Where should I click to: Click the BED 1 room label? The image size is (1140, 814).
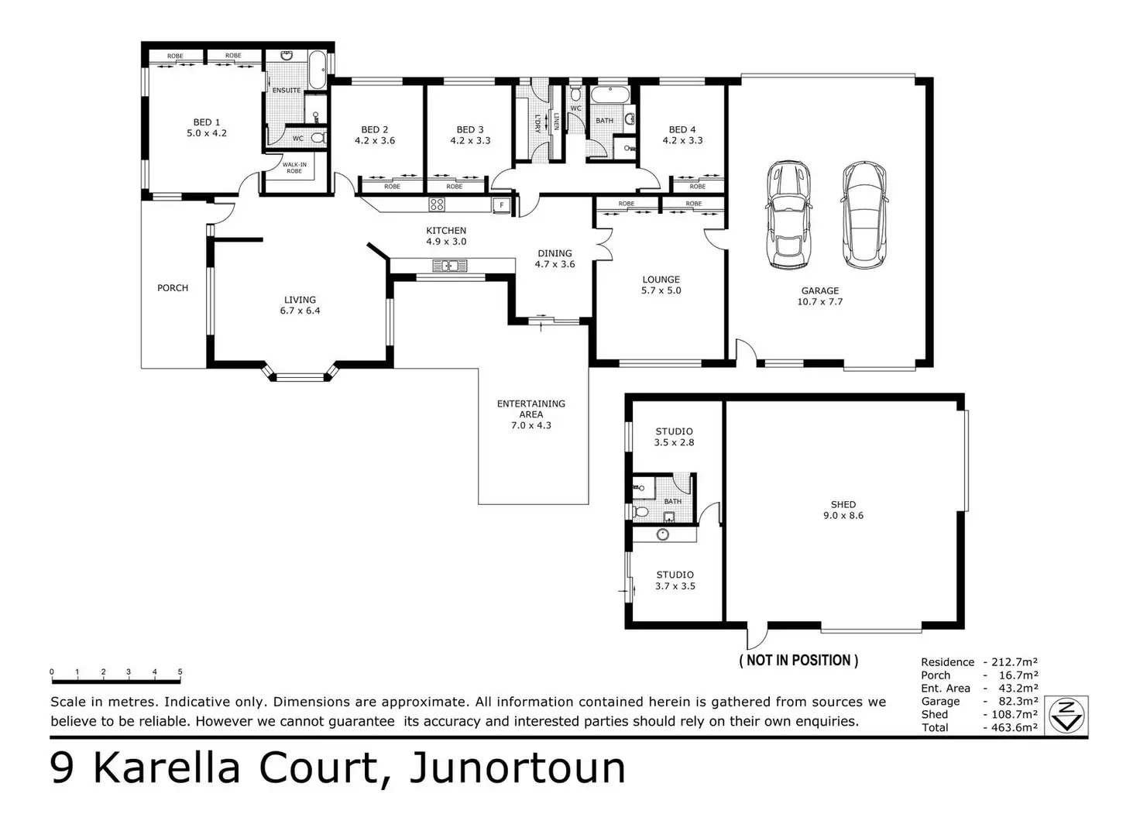tap(206, 128)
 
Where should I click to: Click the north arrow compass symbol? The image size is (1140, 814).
tap(1066, 715)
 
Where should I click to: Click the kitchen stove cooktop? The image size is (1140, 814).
tap(437, 204)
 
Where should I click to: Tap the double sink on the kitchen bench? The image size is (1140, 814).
tap(450, 266)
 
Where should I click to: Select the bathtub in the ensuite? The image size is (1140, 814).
tap(317, 70)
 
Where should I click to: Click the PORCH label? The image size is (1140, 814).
tap(173, 288)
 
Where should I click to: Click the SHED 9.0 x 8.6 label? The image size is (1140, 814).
tap(843, 510)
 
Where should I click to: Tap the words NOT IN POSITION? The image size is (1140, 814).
tap(798, 661)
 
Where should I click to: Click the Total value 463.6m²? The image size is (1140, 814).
tap(1011, 728)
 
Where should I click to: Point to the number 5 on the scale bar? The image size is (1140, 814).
tap(180, 672)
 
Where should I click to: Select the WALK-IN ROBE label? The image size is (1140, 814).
tap(294, 168)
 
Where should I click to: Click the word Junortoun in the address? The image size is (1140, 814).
tap(517, 768)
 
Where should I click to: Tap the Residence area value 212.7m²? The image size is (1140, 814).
tap(1011, 662)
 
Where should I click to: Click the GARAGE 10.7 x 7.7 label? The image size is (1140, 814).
tap(820, 296)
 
